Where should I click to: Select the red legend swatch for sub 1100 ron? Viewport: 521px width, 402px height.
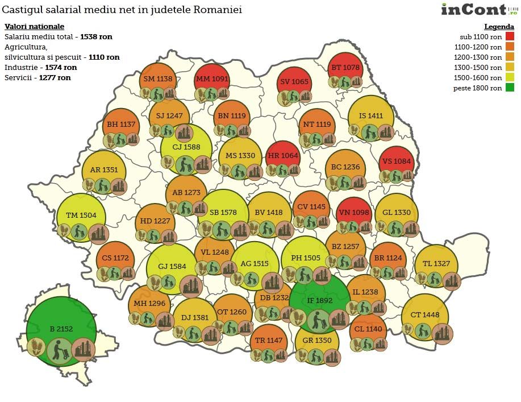[510, 37]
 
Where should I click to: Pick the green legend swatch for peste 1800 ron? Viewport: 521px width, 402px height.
[510, 88]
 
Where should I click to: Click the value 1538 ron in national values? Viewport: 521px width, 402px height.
[96, 36]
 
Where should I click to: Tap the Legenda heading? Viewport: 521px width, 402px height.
[499, 27]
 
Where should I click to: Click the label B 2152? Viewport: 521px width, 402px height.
[61, 329]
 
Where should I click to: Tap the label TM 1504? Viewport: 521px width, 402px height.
[81, 215]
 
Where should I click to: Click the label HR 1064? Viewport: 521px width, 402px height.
[282, 156]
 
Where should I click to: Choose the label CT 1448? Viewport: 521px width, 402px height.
[424, 315]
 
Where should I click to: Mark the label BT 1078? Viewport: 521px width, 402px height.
[345, 68]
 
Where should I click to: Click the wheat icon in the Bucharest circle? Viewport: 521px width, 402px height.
[36, 346]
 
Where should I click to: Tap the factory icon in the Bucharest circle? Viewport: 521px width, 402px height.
[83, 346]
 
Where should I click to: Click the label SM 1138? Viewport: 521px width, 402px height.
[157, 79]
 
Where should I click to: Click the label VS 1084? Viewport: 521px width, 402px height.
[395, 161]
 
